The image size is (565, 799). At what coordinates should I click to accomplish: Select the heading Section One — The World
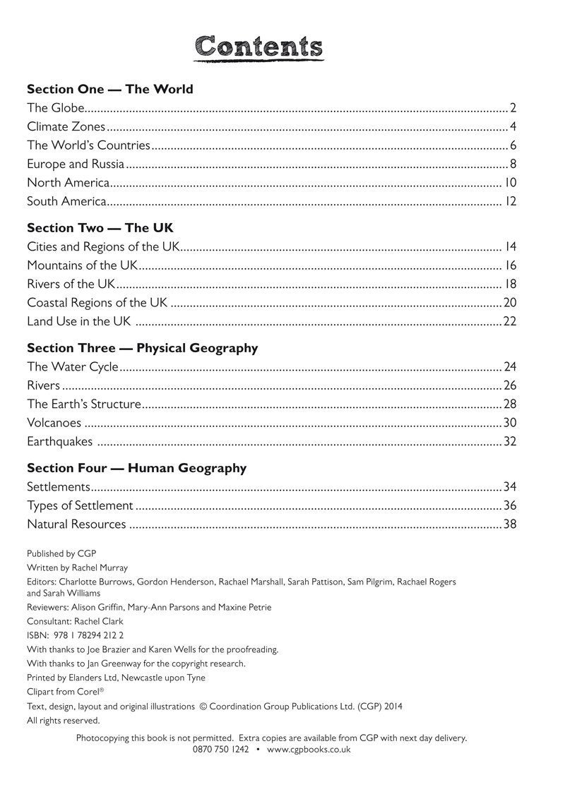point(109,90)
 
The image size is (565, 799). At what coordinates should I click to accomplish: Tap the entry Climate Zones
point(66,127)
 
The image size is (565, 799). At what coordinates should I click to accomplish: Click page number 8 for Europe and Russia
point(513,164)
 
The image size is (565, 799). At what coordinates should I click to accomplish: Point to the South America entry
point(66,202)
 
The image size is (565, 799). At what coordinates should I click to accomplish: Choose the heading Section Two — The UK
point(100,229)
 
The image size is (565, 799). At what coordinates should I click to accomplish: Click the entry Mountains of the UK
point(82,266)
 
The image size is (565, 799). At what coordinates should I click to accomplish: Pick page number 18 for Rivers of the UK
point(511,284)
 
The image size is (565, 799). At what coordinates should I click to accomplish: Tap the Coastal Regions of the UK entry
point(97,303)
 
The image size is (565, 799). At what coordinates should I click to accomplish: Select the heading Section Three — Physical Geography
point(142,349)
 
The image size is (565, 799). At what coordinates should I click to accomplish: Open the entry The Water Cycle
point(72,367)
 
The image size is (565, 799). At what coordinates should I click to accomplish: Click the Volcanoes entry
point(54,423)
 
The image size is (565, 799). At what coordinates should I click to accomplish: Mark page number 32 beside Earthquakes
point(510,442)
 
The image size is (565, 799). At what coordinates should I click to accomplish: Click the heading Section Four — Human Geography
point(136,468)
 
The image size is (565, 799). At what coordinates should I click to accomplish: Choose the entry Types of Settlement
point(80,505)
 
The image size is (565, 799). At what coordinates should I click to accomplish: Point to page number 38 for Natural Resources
point(510,524)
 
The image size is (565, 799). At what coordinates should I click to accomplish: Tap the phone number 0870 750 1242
point(220,750)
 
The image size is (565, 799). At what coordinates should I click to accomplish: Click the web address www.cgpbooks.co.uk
point(309,750)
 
